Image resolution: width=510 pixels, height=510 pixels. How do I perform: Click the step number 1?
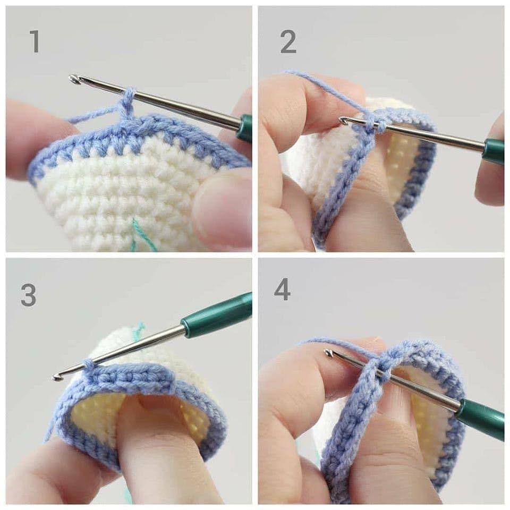point(35,41)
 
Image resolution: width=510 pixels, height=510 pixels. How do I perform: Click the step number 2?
point(288,41)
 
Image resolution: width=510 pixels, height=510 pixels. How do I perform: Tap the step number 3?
point(28,295)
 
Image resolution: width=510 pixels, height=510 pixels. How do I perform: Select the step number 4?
point(282,290)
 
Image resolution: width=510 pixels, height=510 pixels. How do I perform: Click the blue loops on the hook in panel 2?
point(374,123)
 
